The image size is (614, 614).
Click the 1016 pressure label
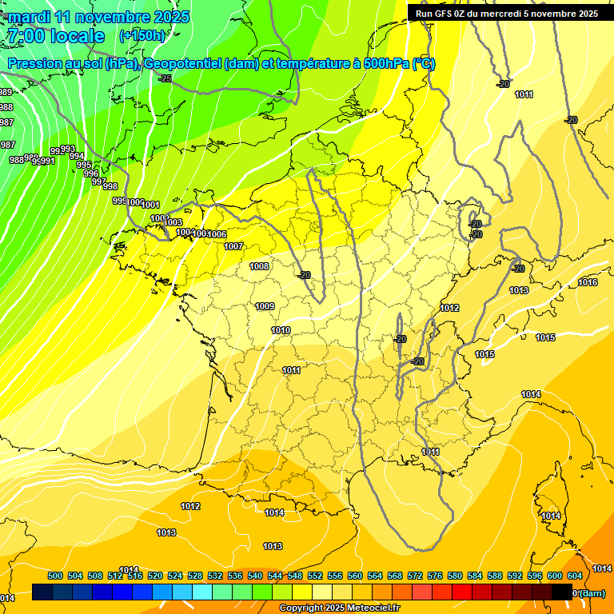(588, 282)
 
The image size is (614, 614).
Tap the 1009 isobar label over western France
(265, 306)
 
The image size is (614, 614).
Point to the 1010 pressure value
(281, 330)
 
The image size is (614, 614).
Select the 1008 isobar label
(259, 266)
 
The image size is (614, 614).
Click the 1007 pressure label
(233, 246)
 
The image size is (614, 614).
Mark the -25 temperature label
(165, 78)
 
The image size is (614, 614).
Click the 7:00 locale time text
(56, 36)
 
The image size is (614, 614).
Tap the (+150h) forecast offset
(142, 36)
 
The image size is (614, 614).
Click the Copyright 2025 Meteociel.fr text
(340, 608)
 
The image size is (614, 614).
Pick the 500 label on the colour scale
(55, 576)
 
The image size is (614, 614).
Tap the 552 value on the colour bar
(314, 576)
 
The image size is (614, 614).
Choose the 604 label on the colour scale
(574, 576)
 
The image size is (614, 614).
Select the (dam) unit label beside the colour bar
(592, 593)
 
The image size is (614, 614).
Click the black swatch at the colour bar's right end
(561, 592)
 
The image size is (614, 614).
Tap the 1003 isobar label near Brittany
(173, 222)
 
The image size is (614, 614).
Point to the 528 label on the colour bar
(194, 576)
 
